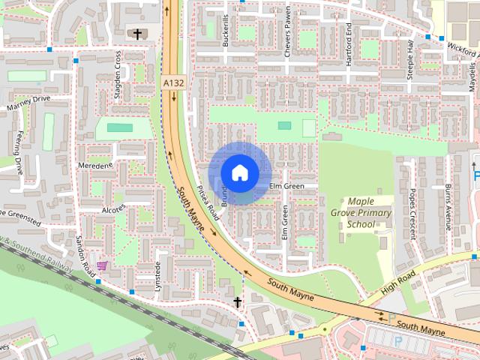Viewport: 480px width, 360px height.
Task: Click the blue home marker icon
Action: (x=239, y=172)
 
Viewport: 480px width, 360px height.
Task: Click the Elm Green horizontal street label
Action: (x=287, y=186)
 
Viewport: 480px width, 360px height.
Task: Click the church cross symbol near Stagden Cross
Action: (x=137, y=34)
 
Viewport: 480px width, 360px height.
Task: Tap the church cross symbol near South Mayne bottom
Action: (x=237, y=301)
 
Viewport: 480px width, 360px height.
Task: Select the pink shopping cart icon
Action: (x=101, y=265)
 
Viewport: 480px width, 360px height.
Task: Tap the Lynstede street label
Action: (x=158, y=277)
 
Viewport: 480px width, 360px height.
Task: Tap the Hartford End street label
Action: (x=349, y=44)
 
